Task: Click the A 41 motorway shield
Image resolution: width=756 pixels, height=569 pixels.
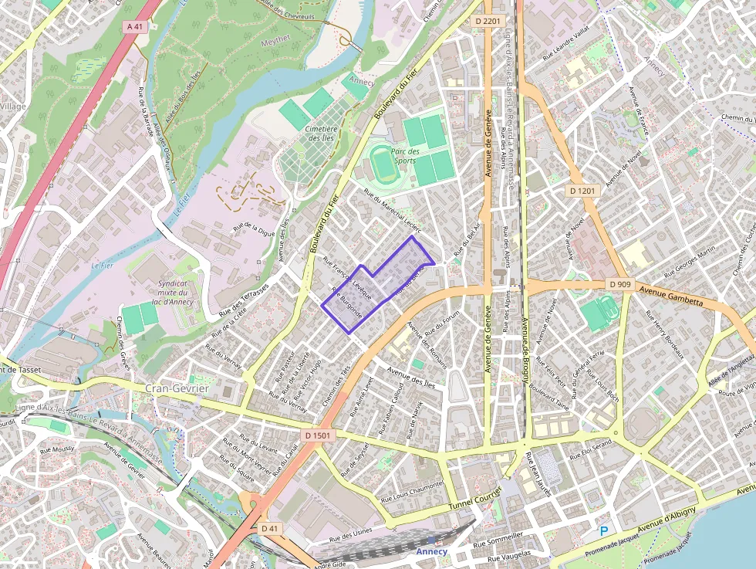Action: pyautogui.click(x=134, y=26)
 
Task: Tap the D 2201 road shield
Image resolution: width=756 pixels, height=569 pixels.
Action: pyautogui.click(x=488, y=20)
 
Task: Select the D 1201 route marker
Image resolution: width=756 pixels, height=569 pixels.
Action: pyautogui.click(x=583, y=190)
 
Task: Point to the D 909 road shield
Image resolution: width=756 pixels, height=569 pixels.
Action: pyautogui.click(x=619, y=284)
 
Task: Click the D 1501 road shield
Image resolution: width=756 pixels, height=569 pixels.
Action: pyautogui.click(x=317, y=435)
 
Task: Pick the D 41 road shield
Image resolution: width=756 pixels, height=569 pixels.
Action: pyautogui.click(x=268, y=528)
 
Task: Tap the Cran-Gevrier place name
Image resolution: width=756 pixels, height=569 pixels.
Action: pyautogui.click(x=177, y=388)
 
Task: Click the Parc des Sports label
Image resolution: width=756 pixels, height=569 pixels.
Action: pyautogui.click(x=405, y=156)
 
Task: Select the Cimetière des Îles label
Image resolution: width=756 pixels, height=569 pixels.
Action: pyautogui.click(x=321, y=134)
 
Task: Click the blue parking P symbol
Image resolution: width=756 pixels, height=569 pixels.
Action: pyautogui.click(x=604, y=530)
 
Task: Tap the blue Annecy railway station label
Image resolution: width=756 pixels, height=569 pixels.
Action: pyautogui.click(x=431, y=551)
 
